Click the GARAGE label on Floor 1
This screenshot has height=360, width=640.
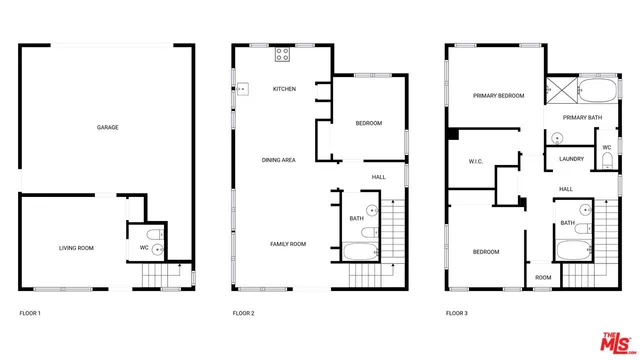pos(108,128)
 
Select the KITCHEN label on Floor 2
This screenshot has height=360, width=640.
pos(285,89)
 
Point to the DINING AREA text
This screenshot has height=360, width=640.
pos(278,160)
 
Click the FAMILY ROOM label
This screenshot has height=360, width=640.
pos(287,244)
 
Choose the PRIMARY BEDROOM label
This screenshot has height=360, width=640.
pos(499,95)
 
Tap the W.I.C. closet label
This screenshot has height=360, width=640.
pos(476,161)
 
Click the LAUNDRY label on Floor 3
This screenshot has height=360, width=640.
pos(572,158)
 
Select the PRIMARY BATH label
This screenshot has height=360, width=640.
pos(582,118)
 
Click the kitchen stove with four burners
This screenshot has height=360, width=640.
pos(283,53)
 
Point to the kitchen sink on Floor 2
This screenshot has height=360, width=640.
pos(241,89)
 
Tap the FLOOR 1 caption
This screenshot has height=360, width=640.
pos(30,314)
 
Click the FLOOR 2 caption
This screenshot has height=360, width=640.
pos(243,314)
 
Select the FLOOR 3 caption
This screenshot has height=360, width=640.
pos(457,314)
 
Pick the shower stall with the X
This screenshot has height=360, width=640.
pos(562,91)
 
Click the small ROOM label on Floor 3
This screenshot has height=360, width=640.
pos(543,277)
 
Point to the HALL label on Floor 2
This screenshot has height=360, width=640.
pos(379,177)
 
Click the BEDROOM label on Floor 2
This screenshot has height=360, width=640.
pos(368,123)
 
